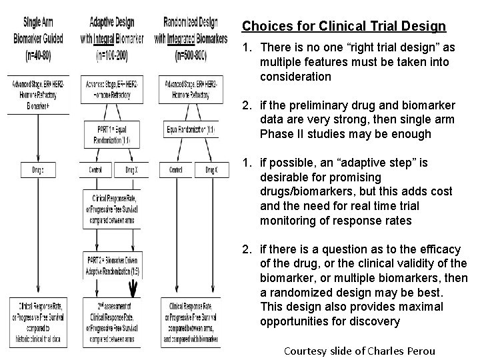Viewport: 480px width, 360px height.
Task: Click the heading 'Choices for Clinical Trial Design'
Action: (343, 27)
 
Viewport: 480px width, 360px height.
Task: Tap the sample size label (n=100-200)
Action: (112, 50)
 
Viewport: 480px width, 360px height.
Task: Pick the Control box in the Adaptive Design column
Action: (95, 170)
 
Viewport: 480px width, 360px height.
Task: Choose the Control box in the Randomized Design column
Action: (175, 170)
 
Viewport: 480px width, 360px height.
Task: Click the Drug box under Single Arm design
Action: (38, 170)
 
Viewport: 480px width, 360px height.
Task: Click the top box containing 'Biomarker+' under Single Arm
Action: (38, 95)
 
